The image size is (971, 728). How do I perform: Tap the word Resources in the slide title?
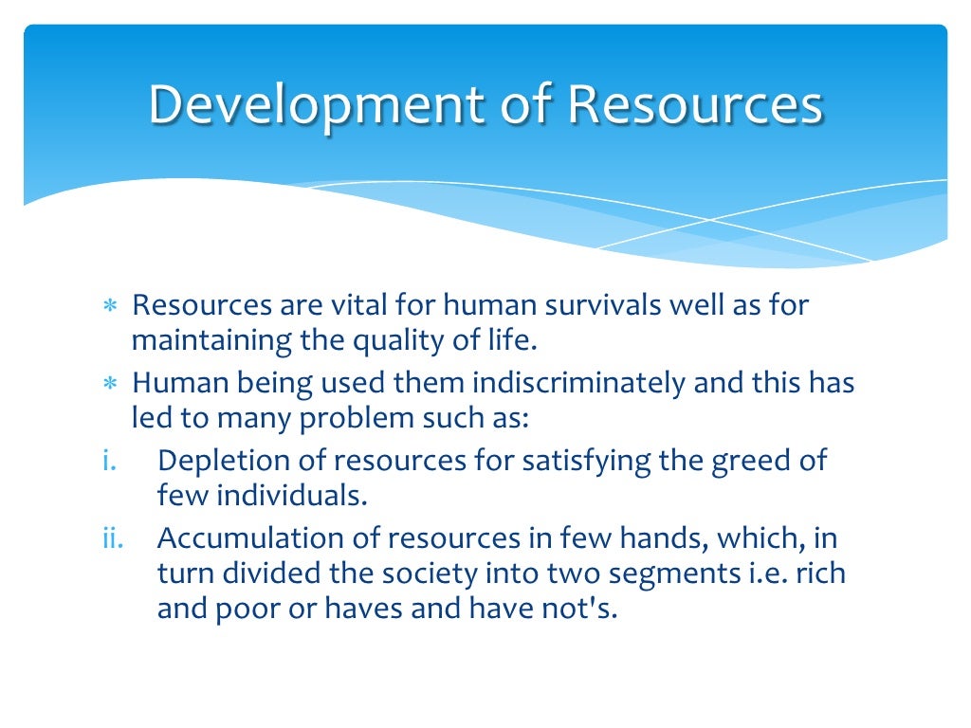694,105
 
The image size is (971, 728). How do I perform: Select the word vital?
332,307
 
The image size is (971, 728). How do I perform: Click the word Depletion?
224,462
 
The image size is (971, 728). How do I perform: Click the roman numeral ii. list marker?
114,538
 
